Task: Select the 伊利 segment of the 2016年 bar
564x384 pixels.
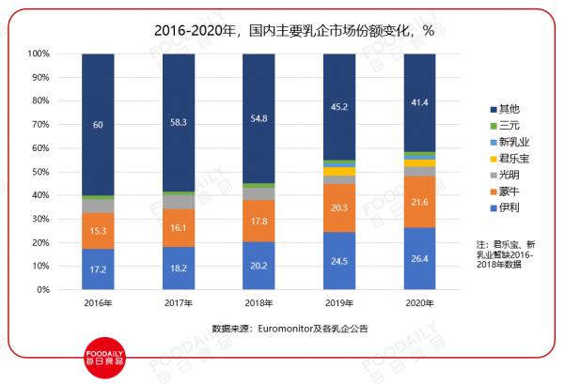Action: [98, 269]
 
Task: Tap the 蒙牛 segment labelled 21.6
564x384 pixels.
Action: [419, 202]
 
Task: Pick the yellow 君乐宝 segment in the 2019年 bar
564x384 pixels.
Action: [339, 171]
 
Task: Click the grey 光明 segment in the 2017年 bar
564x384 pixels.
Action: [179, 202]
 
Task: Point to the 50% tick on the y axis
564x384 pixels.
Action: [39, 172]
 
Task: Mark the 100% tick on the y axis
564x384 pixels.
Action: [37, 54]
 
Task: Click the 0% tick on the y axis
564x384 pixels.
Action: [41, 290]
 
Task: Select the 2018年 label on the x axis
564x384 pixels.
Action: [258, 304]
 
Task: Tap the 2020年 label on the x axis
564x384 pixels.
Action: [419, 304]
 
